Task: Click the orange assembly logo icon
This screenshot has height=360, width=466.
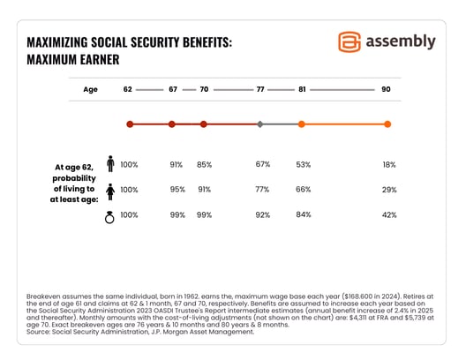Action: click(350, 41)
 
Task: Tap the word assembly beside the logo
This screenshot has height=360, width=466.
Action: click(401, 41)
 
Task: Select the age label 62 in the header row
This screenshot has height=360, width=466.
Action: click(129, 90)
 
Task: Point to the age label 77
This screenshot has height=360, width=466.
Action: click(259, 90)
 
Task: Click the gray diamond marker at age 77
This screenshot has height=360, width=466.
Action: click(259, 124)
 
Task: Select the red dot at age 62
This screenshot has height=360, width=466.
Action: click(129, 124)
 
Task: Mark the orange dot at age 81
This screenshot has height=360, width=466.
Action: click(302, 124)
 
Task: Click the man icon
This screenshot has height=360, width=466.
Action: click(110, 164)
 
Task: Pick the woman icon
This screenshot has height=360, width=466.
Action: click(110, 190)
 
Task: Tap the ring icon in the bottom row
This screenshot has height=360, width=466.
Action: click(110, 215)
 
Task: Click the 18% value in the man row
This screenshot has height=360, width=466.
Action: click(387, 165)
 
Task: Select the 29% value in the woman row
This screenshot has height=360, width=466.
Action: click(387, 191)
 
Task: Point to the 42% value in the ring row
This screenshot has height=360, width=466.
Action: click(387, 216)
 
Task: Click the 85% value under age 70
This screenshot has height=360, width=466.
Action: click(204, 165)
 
